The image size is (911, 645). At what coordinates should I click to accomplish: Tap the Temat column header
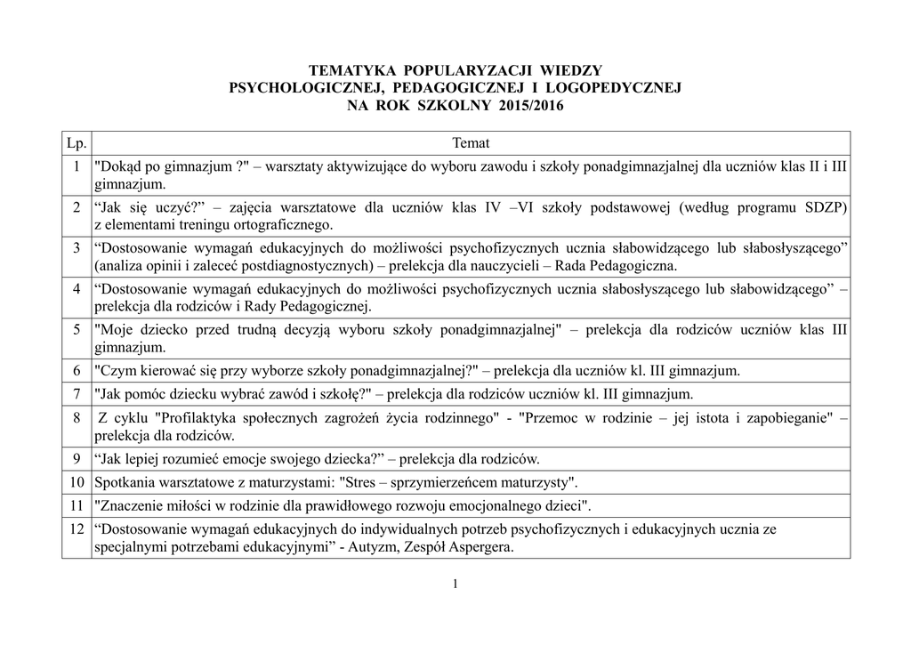471,143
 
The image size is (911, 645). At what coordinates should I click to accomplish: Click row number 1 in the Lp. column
79,166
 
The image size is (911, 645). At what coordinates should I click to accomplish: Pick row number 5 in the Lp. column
79,330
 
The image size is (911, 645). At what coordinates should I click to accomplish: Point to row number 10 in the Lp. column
77,482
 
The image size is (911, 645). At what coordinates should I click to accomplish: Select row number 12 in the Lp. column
77,529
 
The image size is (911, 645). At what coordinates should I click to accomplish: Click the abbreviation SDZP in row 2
823,207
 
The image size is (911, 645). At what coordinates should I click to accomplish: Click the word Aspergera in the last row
482,548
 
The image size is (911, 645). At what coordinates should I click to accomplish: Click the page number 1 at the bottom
455,584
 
